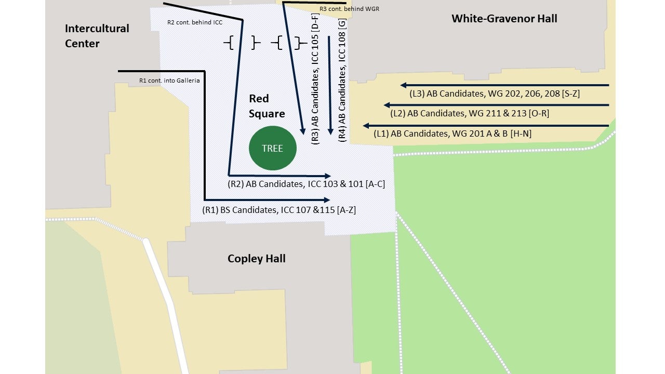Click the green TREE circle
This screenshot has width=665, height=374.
point(273,148)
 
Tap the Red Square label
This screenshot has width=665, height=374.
point(267,106)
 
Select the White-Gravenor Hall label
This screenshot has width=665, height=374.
point(504,19)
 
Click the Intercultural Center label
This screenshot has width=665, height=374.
point(97,36)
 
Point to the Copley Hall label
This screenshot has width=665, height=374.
point(257,258)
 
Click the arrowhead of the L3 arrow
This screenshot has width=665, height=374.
point(404,85)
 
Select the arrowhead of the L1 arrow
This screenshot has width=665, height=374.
point(366,126)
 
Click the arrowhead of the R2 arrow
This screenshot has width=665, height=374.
point(327,176)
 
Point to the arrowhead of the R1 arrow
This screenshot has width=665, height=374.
point(327,200)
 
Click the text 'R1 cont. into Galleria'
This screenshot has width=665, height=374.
point(169,81)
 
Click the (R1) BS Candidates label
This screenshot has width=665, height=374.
point(279,210)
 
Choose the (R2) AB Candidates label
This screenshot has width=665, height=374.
point(306,184)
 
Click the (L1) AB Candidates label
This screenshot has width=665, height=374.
point(452,134)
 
